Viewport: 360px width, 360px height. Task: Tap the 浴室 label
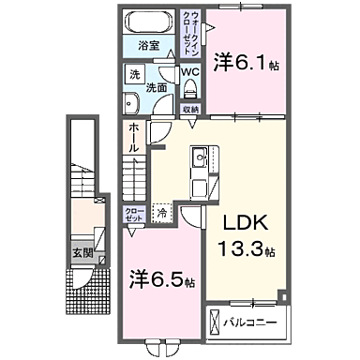coord(148,44)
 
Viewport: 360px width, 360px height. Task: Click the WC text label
coord(190,70)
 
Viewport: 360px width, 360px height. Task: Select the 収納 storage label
coord(190,110)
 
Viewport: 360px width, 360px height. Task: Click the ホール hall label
coord(134,135)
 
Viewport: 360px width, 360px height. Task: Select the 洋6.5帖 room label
coord(162,280)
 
